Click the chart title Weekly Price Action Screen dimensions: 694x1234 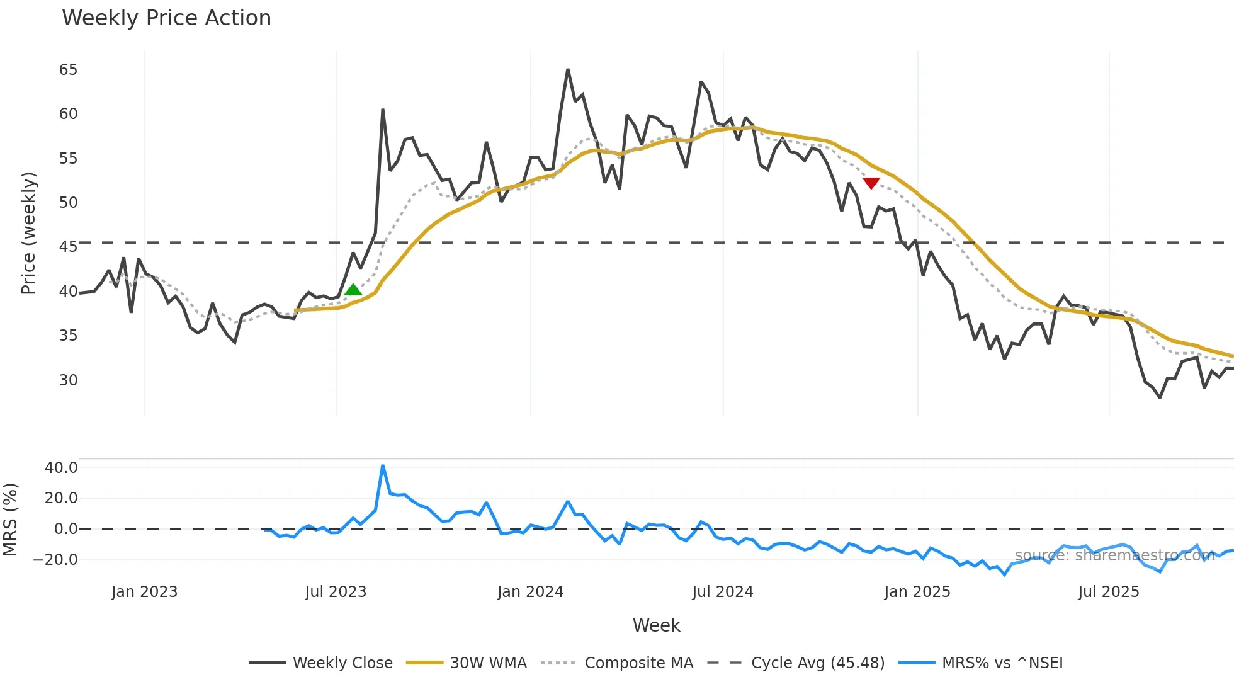[x=166, y=18]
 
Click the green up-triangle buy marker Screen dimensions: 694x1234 [x=353, y=290]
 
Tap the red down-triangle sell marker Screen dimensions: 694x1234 [x=871, y=183]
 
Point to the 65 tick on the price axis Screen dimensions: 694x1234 [x=68, y=70]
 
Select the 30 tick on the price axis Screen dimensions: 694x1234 [x=68, y=380]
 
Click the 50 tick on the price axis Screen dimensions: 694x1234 [x=68, y=203]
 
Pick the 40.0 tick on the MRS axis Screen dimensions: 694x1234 [x=61, y=467]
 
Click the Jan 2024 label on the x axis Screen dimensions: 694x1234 [x=530, y=592]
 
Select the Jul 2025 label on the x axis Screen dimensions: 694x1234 [x=1108, y=592]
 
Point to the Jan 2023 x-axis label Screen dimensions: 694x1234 [x=144, y=592]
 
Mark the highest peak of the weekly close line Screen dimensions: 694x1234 [x=568, y=70]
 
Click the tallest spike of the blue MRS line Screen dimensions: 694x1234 [x=383, y=466]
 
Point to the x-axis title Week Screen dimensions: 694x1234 [x=656, y=625]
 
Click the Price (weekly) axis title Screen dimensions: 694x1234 [x=29, y=233]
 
